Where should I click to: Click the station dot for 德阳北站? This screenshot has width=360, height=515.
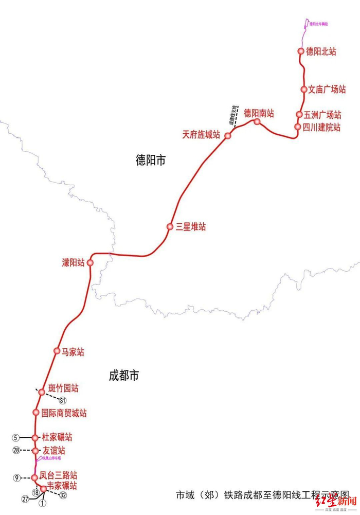(x=301, y=51)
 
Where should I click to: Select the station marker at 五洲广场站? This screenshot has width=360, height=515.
(x=299, y=115)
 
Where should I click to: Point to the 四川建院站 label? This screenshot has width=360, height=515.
(x=322, y=127)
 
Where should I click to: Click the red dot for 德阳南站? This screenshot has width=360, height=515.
(x=257, y=122)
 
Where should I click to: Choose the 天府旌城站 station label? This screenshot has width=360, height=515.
(x=201, y=135)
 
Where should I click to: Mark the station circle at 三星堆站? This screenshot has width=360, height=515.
(x=170, y=226)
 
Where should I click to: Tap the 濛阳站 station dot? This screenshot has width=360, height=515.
(x=90, y=263)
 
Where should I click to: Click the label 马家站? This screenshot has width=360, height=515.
(x=73, y=352)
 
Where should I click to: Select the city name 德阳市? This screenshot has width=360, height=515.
(x=151, y=160)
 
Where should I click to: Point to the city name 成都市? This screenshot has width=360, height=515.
(x=124, y=376)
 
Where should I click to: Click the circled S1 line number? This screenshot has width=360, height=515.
(x=63, y=400)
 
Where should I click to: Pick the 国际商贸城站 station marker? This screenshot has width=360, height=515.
(x=36, y=413)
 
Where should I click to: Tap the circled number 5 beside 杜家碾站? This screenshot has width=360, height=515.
(x=16, y=438)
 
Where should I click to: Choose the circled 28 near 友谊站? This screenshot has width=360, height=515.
(x=16, y=451)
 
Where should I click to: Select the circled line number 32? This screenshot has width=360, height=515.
(x=63, y=495)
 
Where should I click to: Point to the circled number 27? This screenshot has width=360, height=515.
(x=25, y=499)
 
